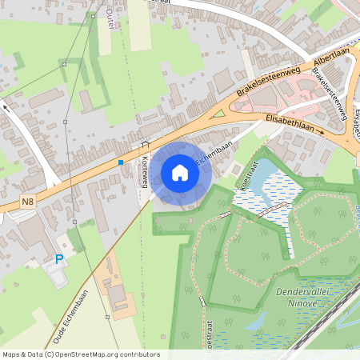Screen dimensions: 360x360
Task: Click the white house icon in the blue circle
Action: tap(180, 173)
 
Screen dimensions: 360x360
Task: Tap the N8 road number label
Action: tap(28, 202)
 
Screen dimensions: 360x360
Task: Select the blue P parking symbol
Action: tap(58, 259)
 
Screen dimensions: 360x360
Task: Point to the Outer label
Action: tap(110, 18)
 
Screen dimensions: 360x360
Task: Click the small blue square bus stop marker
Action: tap(121, 162)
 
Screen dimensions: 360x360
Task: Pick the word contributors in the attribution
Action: tap(143, 354)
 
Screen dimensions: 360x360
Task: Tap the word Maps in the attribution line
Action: tap(11, 354)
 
